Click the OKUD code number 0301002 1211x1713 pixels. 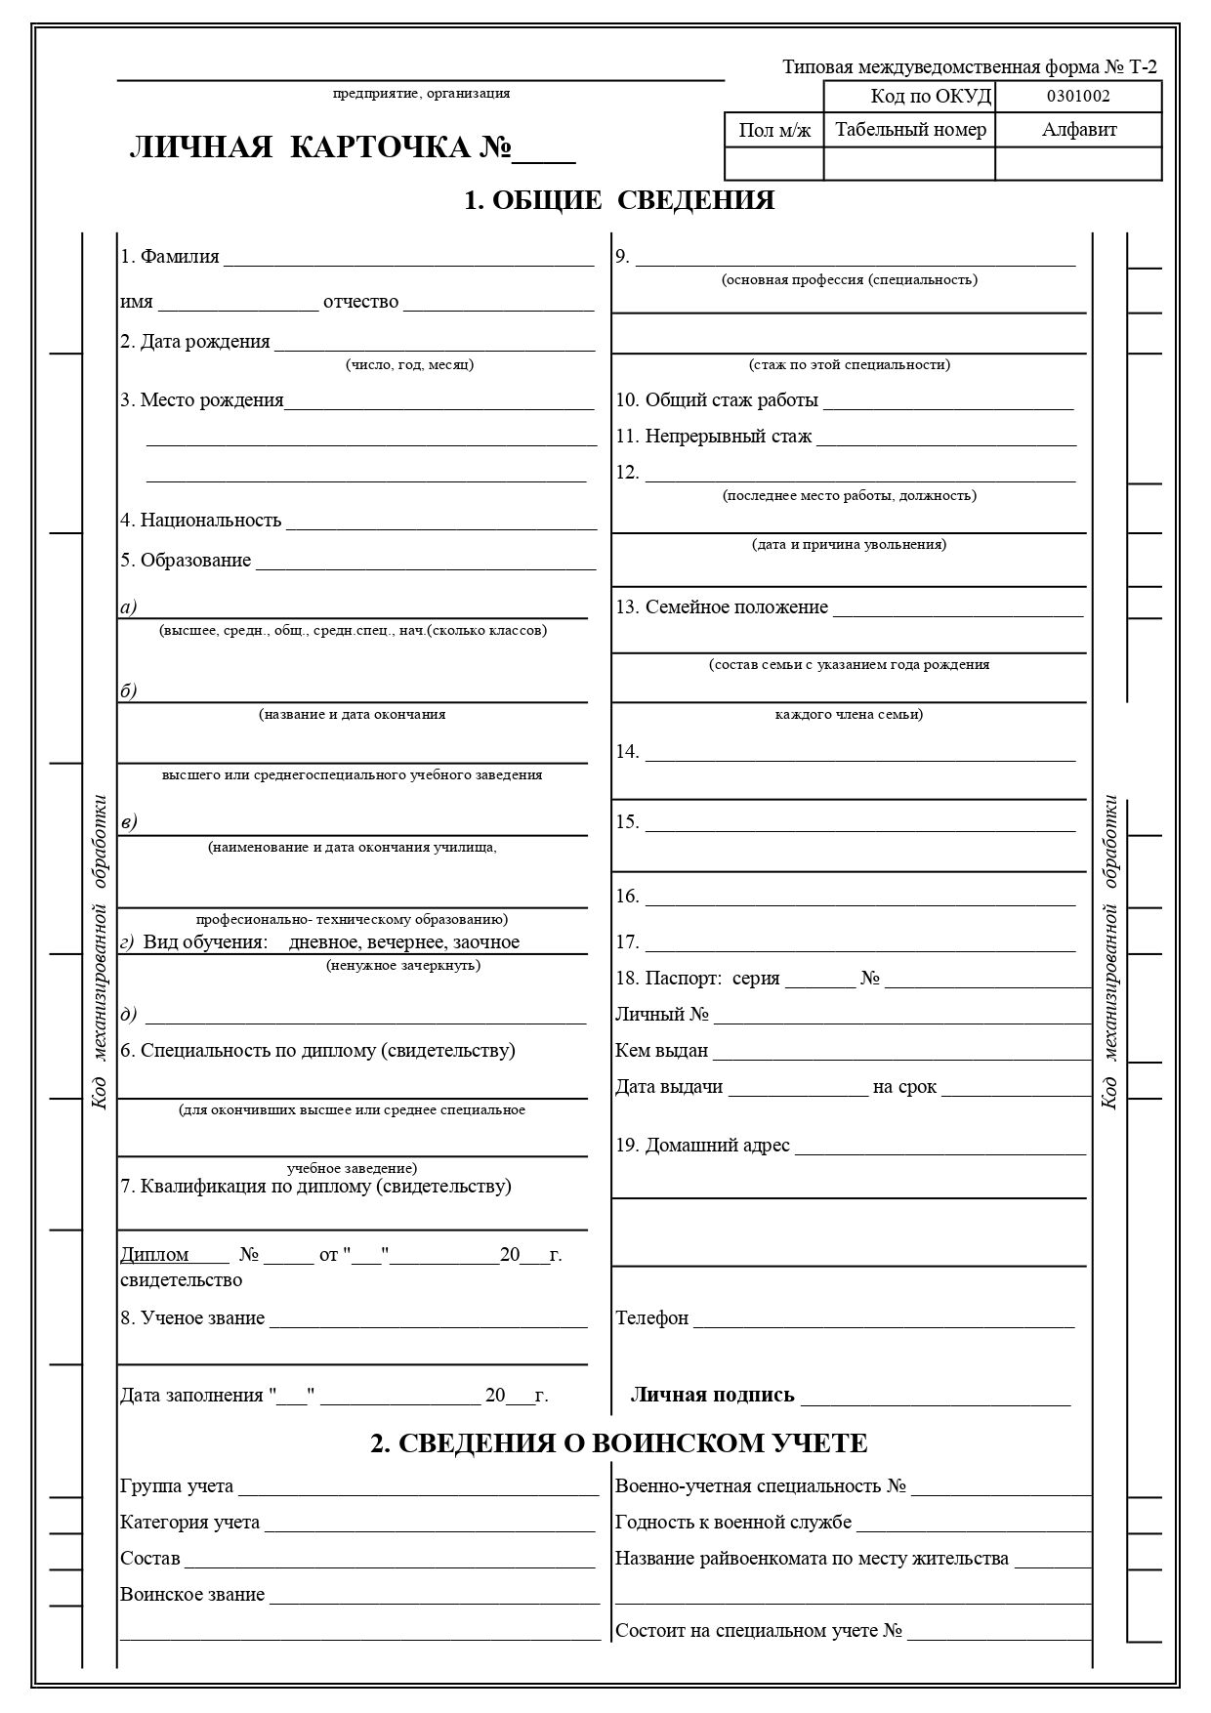pyautogui.click(x=1078, y=96)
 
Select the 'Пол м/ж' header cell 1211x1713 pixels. pyautogui.click(x=774, y=131)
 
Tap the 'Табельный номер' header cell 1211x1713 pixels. pyautogui.click(x=910, y=130)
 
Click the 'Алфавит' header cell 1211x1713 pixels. pyautogui.click(x=1079, y=130)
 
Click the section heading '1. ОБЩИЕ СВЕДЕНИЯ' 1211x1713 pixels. pyautogui.click(x=619, y=200)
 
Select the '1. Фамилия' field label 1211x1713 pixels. pyautogui.click(x=170, y=257)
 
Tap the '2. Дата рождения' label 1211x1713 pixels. pyautogui.click(x=195, y=342)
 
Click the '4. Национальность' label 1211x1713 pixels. pyautogui.click(x=201, y=520)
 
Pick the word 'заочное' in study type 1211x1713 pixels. pyautogui.click(x=486, y=942)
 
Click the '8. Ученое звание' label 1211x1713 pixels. pyautogui.click(x=192, y=1318)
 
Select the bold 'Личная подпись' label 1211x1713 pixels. pyautogui.click(x=713, y=1395)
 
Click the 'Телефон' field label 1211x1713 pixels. pyautogui.click(x=651, y=1318)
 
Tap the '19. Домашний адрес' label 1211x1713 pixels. pyautogui.click(x=702, y=1146)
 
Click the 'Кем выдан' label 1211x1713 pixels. pyautogui.click(x=661, y=1051)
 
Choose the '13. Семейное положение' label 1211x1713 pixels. pyautogui.click(x=722, y=607)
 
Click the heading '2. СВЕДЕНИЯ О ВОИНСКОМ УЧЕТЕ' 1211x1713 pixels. pyautogui.click(x=619, y=1443)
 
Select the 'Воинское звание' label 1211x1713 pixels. pyautogui.click(x=192, y=1595)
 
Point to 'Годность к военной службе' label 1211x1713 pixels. pyautogui.click(x=733, y=1523)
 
